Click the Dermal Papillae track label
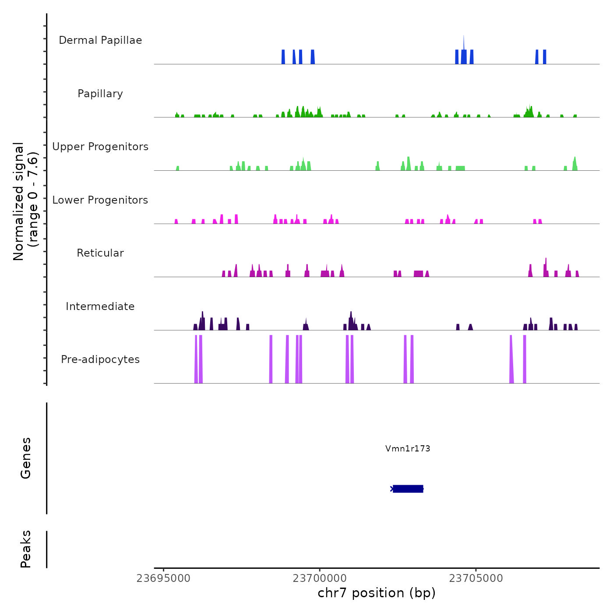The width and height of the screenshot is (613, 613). tap(100, 40)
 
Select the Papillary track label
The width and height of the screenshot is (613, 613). tap(100, 94)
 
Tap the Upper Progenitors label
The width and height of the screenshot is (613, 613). tap(100, 147)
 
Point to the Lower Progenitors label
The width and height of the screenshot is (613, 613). tap(100, 200)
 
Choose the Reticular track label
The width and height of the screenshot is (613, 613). tap(100, 253)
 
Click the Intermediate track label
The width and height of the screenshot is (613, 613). tap(100, 306)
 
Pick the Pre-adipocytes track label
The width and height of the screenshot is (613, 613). tap(100, 359)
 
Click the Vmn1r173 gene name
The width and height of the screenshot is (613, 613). tap(408, 448)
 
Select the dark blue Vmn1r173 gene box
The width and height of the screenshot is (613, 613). tap(408, 489)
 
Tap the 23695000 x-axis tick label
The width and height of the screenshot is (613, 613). tap(163, 578)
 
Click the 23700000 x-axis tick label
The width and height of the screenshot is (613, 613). tap(320, 578)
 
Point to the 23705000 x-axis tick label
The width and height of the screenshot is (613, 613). tap(476, 578)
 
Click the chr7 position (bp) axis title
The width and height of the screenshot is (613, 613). tap(377, 593)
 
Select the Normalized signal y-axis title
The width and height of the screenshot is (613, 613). tap(25, 201)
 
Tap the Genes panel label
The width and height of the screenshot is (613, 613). tap(26, 458)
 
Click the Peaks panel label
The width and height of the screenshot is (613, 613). tap(26, 549)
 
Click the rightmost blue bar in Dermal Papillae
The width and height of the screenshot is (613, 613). tap(545, 57)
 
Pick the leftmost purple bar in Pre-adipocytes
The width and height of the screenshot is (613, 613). tap(196, 359)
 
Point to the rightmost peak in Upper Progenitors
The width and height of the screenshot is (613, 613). tap(575, 163)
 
